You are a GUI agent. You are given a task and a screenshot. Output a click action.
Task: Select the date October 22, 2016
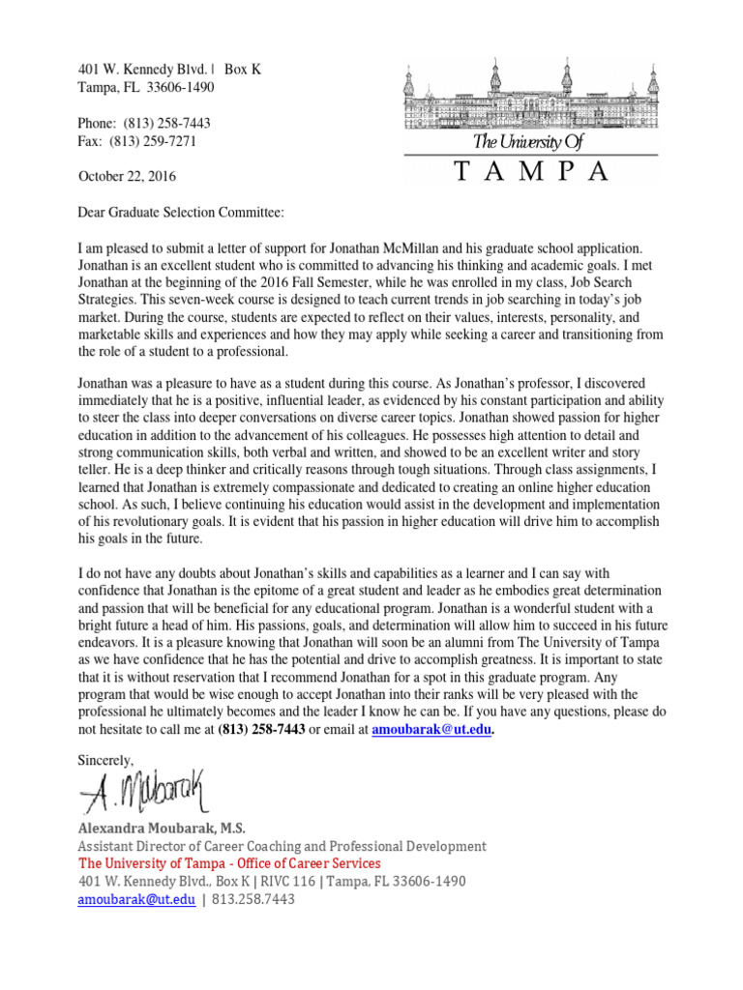(x=127, y=177)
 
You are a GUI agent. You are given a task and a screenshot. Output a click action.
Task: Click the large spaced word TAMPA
(x=531, y=173)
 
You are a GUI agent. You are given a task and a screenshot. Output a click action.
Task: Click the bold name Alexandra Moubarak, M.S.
(x=162, y=829)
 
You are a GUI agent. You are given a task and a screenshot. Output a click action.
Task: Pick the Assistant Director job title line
(x=282, y=846)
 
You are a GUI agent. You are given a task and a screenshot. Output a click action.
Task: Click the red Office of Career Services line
(x=229, y=863)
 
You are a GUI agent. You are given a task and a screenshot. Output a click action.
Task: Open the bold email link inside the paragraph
(x=431, y=731)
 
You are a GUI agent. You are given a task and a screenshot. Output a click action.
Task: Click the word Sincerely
(x=106, y=761)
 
